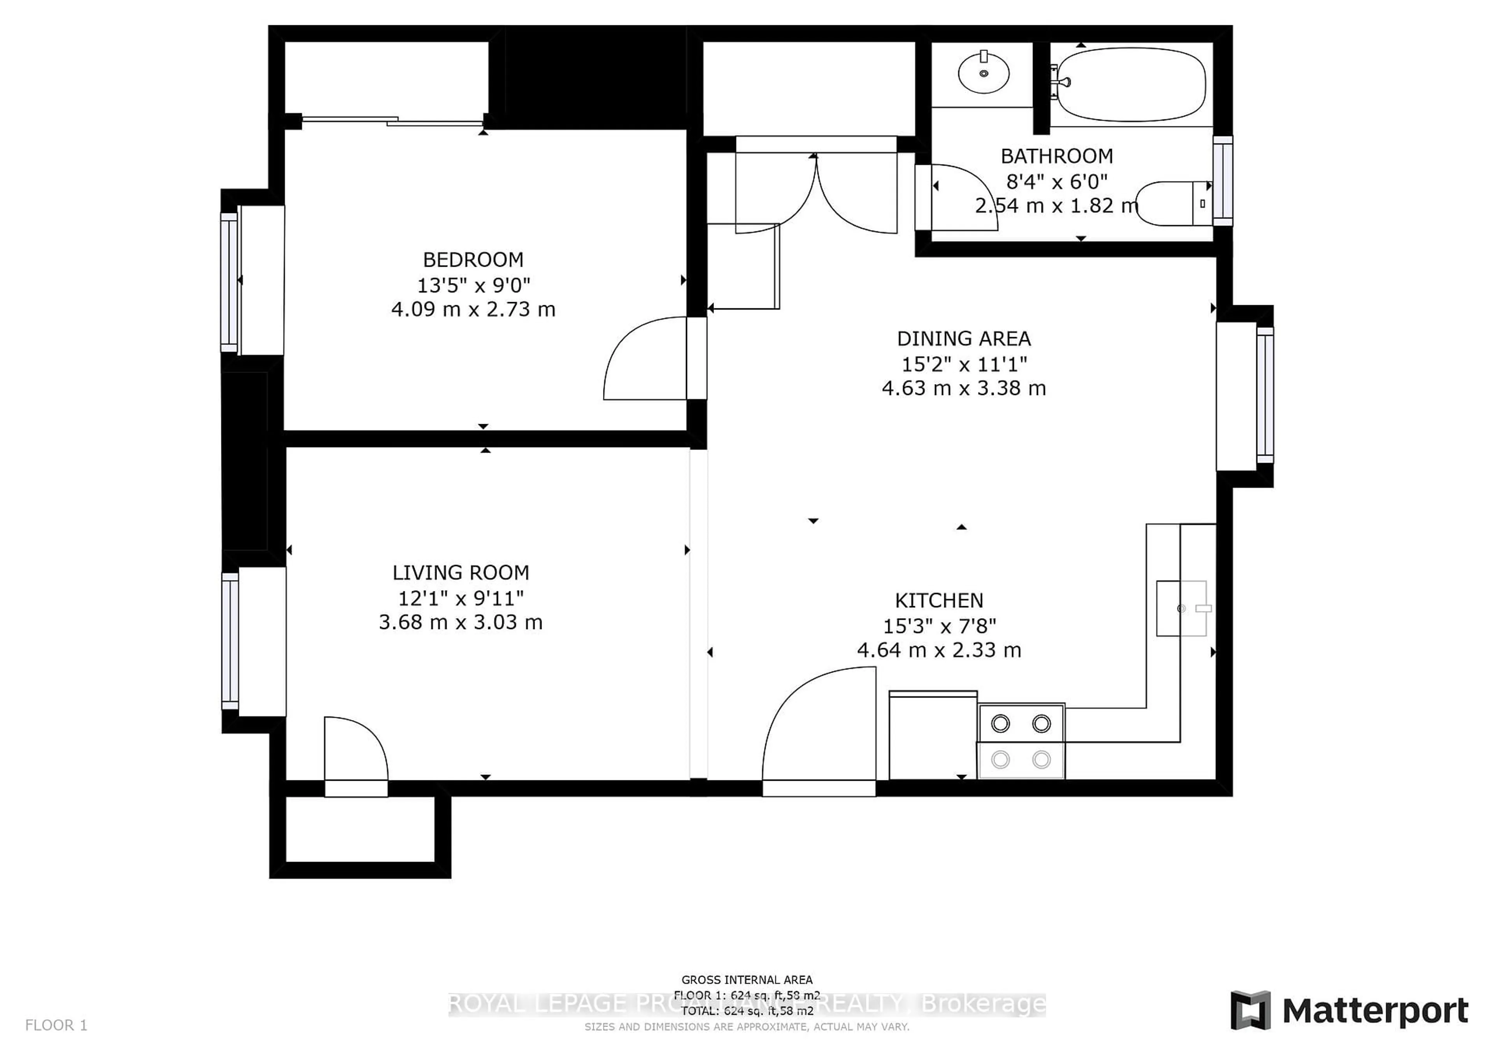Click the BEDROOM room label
473,259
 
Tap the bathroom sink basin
983,73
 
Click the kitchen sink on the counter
1181,608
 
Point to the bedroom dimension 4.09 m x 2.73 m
473,309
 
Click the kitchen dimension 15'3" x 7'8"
939,626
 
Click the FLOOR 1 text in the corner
56,1025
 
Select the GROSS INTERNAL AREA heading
746,979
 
